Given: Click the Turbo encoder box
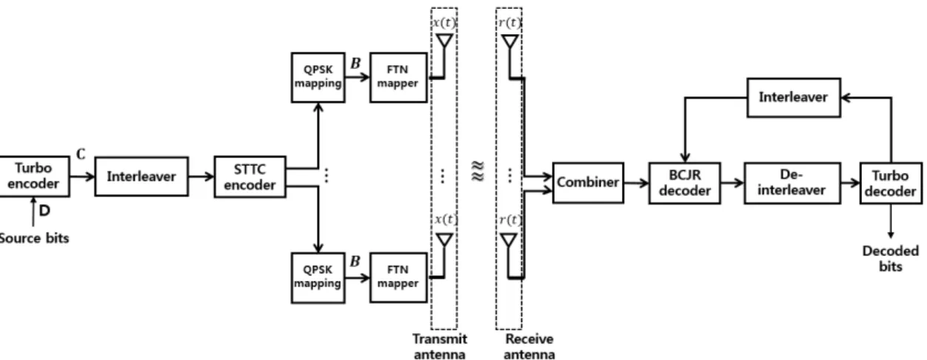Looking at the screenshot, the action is pyautogui.click(x=34, y=176).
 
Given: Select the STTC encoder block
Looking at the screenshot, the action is pyautogui.click(x=250, y=177).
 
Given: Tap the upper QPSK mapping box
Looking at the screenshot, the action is pyautogui.click(x=318, y=77).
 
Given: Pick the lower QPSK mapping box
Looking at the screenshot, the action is pyautogui.click(x=318, y=278).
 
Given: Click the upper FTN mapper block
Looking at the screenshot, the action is pyautogui.click(x=398, y=77).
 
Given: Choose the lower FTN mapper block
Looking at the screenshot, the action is pyautogui.click(x=398, y=278).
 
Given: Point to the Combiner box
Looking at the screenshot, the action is pyautogui.click(x=588, y=182).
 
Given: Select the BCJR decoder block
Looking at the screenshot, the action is pyautogui.click(x=684, y=183).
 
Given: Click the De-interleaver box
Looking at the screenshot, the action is pyautogui.click(x=792, y=183).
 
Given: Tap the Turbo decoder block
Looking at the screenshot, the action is pyautogui.click(x=891, y=183).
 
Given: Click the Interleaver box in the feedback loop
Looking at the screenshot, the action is pyautogui.click(x=794, y=98).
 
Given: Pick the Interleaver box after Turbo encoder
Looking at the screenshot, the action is pyautogui.click(x=141, y=176).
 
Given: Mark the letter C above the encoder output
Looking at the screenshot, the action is pyautogui.click(x=81, y=154).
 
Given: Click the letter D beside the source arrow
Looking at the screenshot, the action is pyautogui.click(x=44, y=210).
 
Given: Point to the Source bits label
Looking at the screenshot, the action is pyautogui.click(x=34, y=238).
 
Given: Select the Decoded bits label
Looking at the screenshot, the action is pyautogui.click(x=891, y=259).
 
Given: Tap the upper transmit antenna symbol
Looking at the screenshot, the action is pyautogui.click(x=444, y=41).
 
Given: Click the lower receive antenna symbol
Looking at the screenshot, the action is pyautogui.click(x=509, y=240).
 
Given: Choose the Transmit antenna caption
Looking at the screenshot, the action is pyautogui.click(x=440, y=347).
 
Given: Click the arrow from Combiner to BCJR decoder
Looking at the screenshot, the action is pyautogui.click(x=637, y=182).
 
